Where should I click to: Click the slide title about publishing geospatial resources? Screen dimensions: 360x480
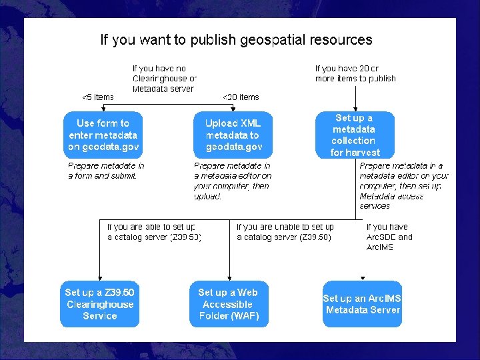click(236, 40)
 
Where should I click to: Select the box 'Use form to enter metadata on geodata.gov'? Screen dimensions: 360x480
click(103, 135)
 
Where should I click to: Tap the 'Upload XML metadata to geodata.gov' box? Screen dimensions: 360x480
click(233, 135)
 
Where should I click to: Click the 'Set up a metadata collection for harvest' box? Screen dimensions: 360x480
click(354, 135)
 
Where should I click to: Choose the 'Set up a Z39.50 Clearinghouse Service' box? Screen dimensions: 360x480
click(100, 304)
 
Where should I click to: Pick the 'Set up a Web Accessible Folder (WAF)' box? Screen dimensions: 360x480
click(229, 304)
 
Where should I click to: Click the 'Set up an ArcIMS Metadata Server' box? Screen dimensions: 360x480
click(362, 304)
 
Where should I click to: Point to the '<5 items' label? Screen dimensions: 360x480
click(97, 97)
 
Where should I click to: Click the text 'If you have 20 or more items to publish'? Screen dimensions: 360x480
click(355, 73)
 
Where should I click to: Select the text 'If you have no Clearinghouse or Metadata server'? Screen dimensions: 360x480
click(164, 79)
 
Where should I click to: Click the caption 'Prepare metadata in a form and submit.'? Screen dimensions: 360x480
click(106, 171)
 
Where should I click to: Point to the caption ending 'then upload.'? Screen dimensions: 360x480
click(232, 181)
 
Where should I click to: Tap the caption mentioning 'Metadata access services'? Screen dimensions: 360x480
click(403, 185)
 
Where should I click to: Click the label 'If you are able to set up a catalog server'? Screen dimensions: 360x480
click(154, 232)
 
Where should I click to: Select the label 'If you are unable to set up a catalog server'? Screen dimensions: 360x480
click(285, 232)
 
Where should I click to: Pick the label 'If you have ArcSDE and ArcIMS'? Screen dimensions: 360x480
click(389, 237)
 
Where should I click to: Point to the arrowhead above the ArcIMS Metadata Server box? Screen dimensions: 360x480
click(363, 278)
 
